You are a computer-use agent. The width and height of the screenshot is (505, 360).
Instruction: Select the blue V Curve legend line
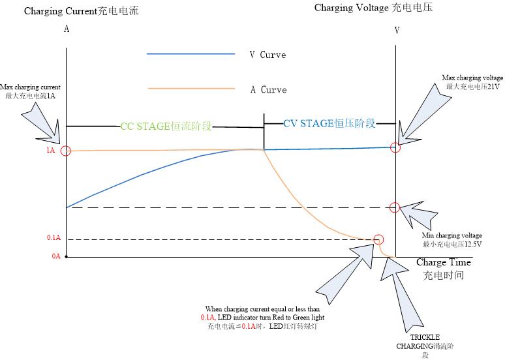pos(191,53)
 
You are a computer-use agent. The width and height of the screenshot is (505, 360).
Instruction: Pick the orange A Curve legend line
pos(191,88)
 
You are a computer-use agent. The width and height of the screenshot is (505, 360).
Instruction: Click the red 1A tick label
pos(50,150)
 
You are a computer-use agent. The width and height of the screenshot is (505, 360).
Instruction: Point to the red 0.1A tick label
pos(54,237)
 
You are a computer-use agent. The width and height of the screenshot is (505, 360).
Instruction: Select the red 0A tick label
pos(56,256)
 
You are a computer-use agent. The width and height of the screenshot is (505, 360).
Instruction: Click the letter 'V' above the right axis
pos(397,31)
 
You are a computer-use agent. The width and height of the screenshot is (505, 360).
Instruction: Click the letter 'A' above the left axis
pos(67,29)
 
